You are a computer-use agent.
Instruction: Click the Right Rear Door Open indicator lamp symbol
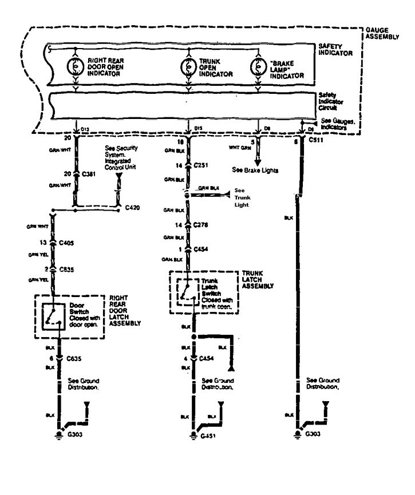point(76,66)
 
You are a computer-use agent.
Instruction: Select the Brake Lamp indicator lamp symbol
point(258,66)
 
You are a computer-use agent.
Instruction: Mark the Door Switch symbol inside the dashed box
point(56,313)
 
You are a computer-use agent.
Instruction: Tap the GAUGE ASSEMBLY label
point(384,32)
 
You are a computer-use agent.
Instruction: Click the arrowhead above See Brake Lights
point(258,161)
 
